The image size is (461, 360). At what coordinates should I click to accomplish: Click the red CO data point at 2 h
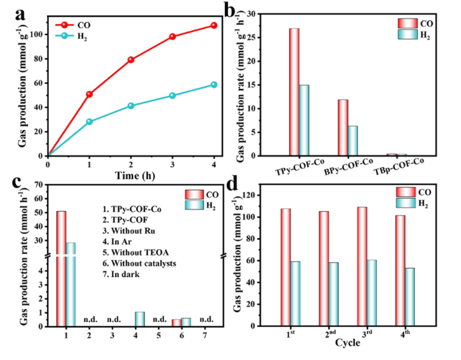pyautogui.click(x=131, y=60)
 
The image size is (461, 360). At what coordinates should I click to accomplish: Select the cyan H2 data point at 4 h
pyautogui.click(x=214, y=84)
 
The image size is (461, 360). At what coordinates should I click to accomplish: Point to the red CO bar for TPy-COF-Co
pyautogui.click(x=294, y=92)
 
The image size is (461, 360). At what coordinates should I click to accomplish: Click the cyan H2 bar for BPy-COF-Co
pyautogui.click(x=353, y=141)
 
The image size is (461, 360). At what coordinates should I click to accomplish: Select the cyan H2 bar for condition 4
pyautogui.click(x=140, y=319)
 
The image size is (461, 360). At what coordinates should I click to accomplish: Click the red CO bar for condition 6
pyautogui.click(x=177, y=323)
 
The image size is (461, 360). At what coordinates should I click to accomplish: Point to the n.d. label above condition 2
pyautogui.click(x=90, y=319)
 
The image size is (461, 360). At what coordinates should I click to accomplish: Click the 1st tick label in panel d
pyautogui.click(x=291, y=333)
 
